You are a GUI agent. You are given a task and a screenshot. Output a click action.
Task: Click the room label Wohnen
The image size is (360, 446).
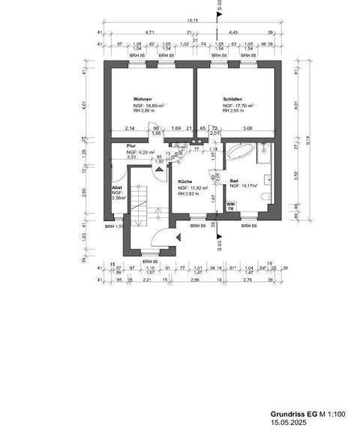[x=143, y=100]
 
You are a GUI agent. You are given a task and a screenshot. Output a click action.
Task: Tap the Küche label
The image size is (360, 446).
[x=186, y=181]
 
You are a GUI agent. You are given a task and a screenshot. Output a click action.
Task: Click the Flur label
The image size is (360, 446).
[x=130, y=146]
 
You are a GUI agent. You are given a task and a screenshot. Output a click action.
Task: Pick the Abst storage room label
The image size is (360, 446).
[x=116, y=187]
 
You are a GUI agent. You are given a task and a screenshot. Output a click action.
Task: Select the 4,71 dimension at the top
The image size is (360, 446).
[x=149, y=33]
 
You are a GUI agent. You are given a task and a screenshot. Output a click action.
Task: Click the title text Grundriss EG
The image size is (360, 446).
[x=292, y=414]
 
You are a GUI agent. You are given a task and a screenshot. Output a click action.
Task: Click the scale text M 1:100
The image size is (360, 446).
[x=330, y=414]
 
